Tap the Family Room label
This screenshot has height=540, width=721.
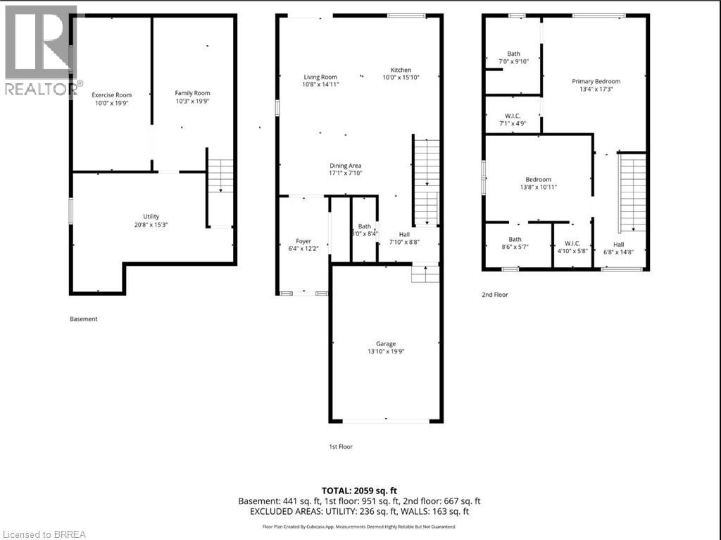tap(192, 93)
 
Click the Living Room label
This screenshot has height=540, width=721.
tap(320, 78)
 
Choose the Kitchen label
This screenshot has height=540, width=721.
tap(401, 70)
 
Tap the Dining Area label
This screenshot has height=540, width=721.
tap(345, 166)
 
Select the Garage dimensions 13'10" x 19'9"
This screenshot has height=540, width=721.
tap(386, 352)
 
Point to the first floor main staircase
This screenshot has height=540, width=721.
tap(427, 180)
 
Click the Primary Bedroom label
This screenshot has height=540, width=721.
tap(596, 81)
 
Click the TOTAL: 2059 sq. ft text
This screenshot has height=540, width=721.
tap(360, 490)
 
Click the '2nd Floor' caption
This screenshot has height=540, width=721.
tap(494, 295)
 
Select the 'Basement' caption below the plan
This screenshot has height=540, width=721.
tap(83, 319)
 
